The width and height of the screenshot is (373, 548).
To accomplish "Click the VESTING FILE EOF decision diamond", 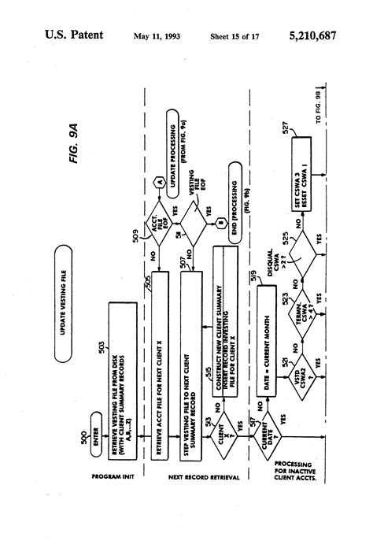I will coord(190,186).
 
